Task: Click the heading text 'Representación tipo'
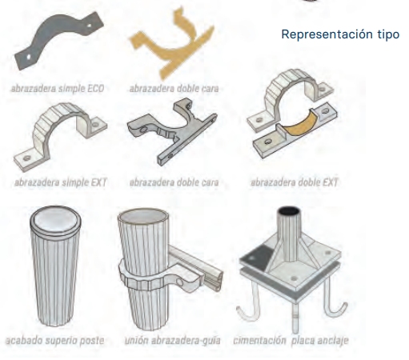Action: pyautogui.click(x=340, y=34)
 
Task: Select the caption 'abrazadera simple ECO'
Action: pyautogui.click(x=58, y=89)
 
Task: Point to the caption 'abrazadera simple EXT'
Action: pyautogui.click(x=61, y=182)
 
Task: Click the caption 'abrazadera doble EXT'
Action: pyautogui.click(x=295, y=182)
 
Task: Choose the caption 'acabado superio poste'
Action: pyautogui.click(x=55, y=341)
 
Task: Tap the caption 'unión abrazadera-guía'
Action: pyautogui.click(x=173, y=341)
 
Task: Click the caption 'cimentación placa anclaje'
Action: pyautogui.click(x=291, y=341)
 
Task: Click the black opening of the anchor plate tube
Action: pyautogui.click(x=289, y=211)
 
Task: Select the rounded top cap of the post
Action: pyautogui.click(x=55, y=219)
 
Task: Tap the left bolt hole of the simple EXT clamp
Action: pyautogui.click(x=26, y=158)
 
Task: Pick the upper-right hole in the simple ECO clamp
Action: pyautogui.click(x=89, y=26)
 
